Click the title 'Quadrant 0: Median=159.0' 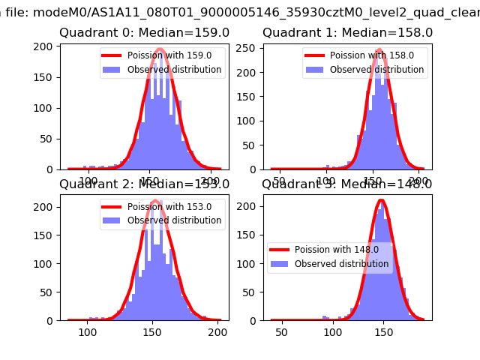pos(144,33)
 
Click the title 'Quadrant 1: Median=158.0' pos(347,33)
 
